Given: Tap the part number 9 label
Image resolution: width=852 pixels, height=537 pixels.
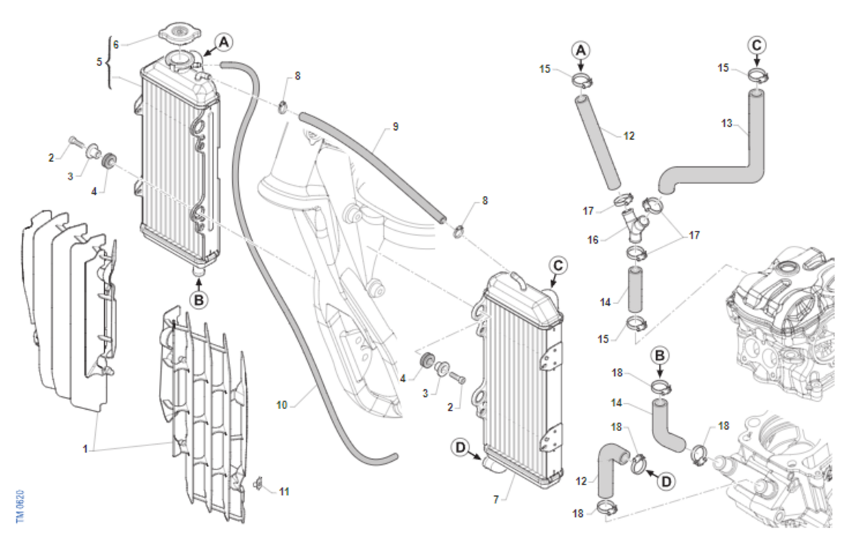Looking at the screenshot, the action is (x=395, y=126).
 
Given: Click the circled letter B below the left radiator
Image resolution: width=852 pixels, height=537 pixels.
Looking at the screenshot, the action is (x=199, y=300).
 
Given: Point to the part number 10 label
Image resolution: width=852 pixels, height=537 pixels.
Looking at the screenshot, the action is (x=281, y=406).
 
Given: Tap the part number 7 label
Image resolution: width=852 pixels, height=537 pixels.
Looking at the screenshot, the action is (x=496, y=499).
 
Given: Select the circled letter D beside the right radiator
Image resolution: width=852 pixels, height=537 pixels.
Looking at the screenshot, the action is (x=460, y=447).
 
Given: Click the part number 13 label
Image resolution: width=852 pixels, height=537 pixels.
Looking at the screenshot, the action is (x=727, y=124).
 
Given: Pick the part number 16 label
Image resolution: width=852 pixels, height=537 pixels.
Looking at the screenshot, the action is (x=593, y=240).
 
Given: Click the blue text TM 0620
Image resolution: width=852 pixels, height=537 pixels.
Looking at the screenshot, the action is (x=20, y=506).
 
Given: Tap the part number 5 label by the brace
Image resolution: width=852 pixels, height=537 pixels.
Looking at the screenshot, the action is (x=99, y=62).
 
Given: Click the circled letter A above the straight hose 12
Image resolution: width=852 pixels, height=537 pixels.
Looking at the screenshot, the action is (x=581, y=51).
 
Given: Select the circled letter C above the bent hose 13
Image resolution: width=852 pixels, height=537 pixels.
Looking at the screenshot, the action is (x=757, y=45).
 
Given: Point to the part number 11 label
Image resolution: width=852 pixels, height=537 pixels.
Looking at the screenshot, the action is (x=284, y=492).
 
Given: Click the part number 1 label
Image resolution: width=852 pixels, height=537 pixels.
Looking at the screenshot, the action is (x=85, y=449).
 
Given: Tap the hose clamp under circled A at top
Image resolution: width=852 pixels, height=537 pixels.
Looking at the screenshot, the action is (x=582, y=81).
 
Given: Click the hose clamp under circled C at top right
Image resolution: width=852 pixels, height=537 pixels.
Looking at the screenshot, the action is (x=758, y=75).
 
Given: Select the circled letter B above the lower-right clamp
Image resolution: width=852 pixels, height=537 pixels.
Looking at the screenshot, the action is (x=660, y=356).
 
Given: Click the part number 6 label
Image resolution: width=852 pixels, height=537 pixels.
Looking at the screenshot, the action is (x=116, y=45).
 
